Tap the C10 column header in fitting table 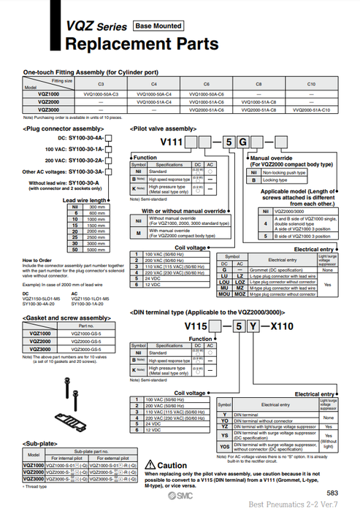pyautogui.click(x=311, y=85)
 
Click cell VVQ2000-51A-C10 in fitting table pyautogui.click(x=311, y=109)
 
